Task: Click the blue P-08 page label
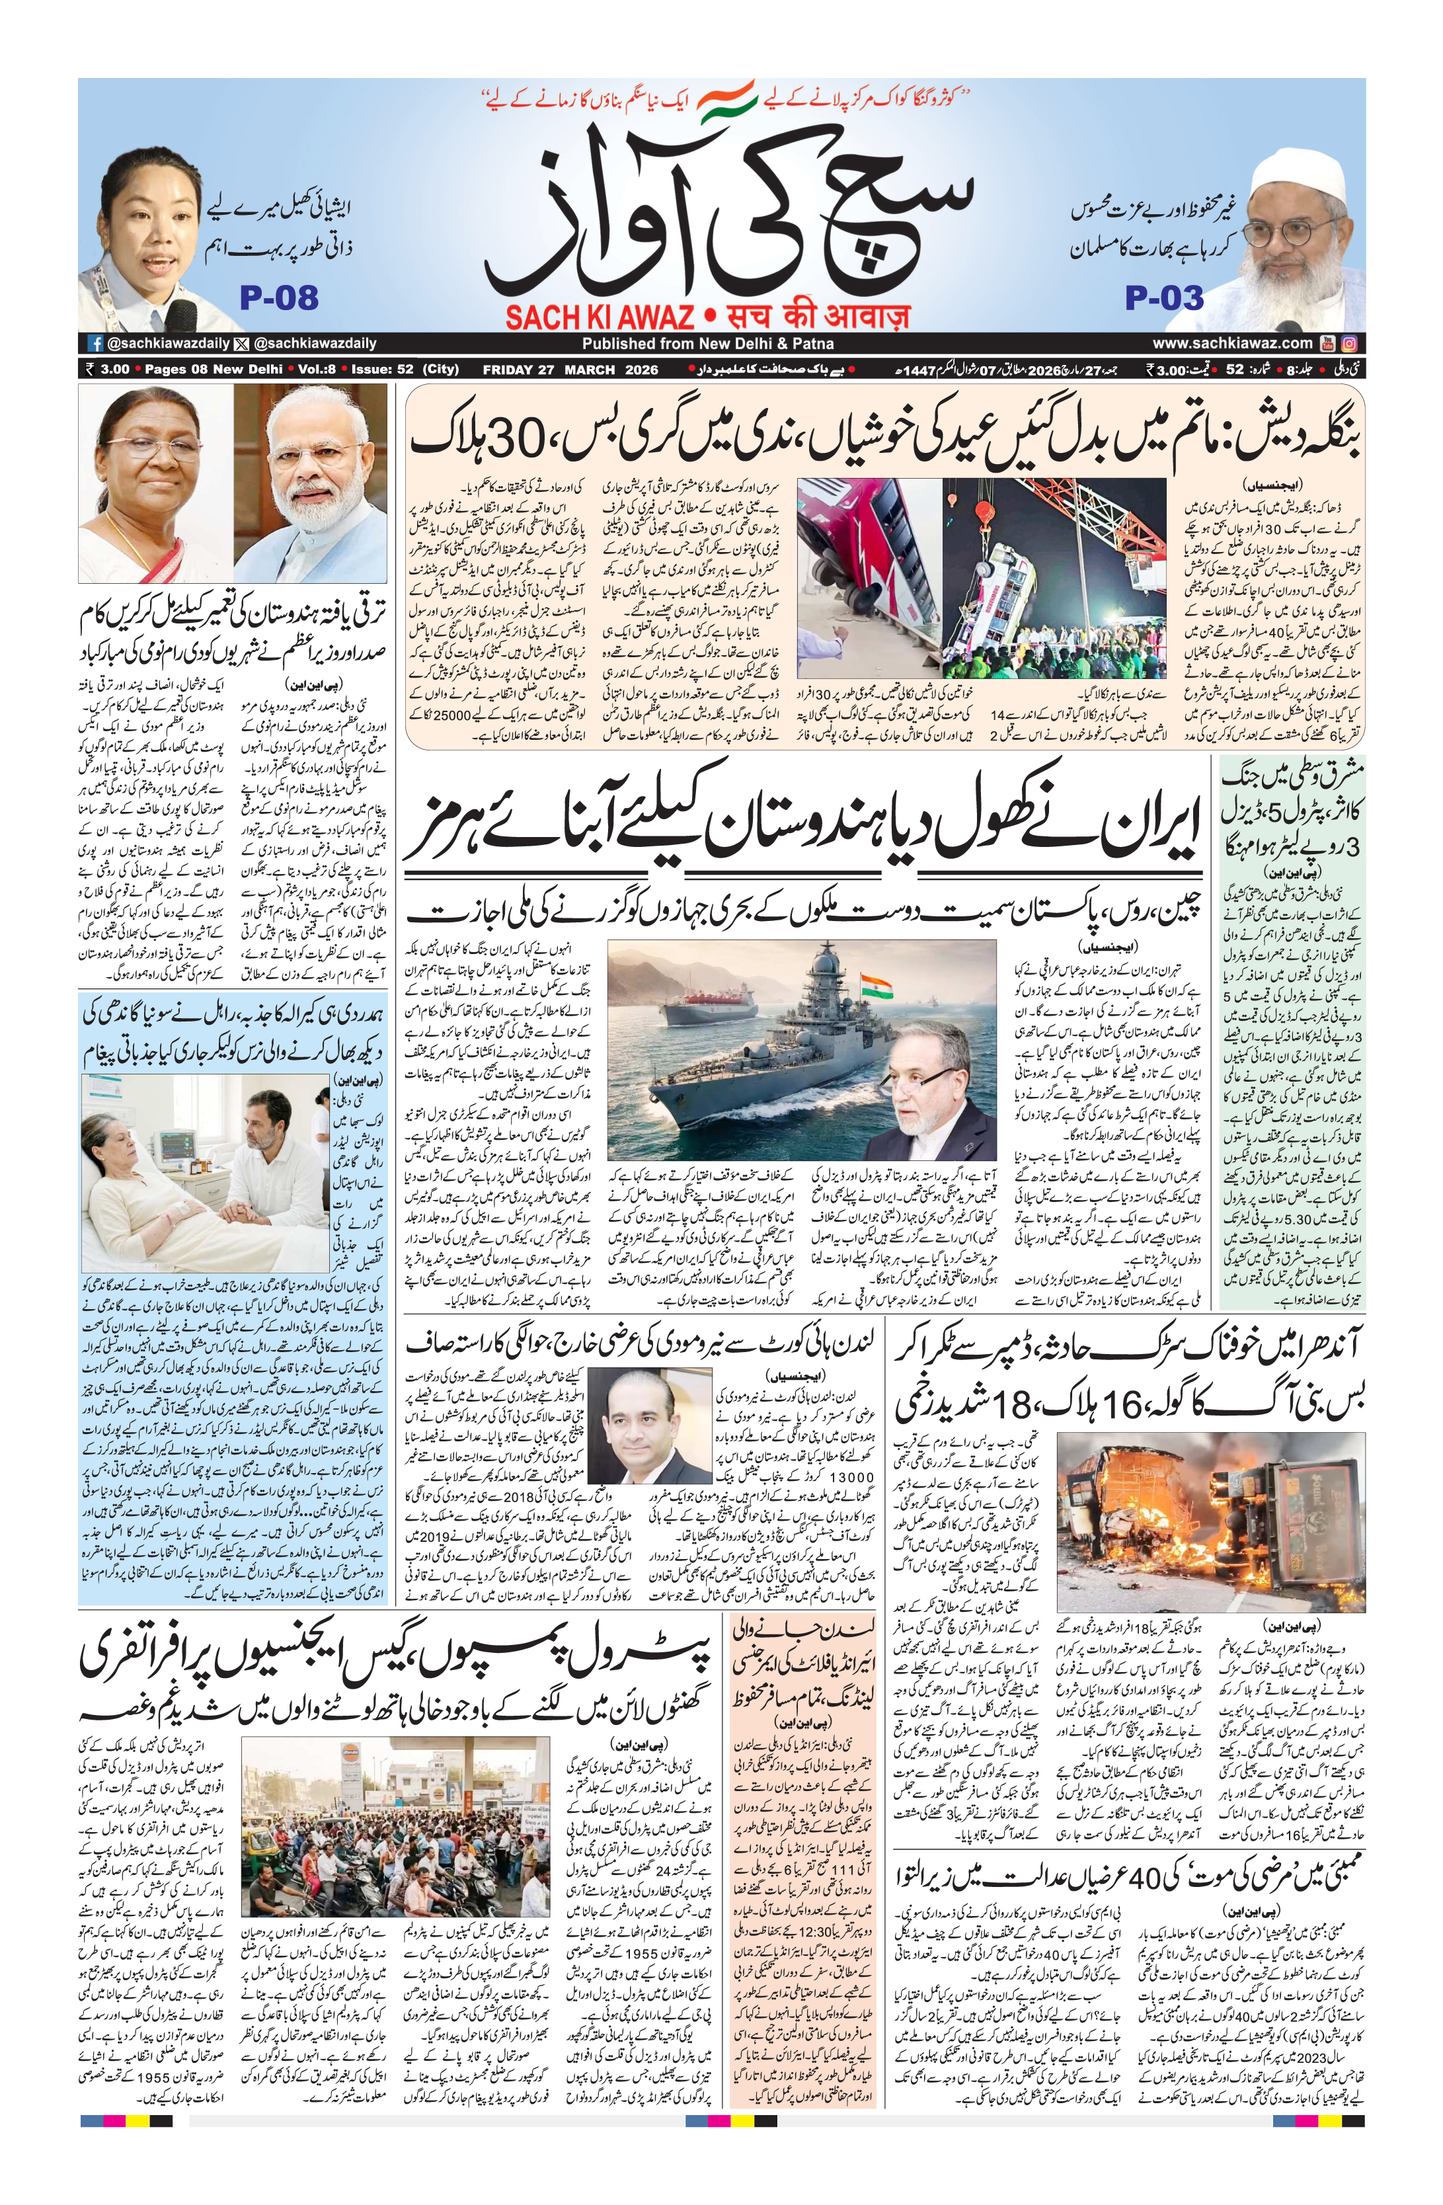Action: click(279, 298)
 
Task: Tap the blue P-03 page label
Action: click(1164, 298)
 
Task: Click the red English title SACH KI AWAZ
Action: click(600, 318)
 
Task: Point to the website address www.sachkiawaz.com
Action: click(1232, 342)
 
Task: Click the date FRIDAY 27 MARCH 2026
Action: click(570, 369)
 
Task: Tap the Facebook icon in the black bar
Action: click(95, 342)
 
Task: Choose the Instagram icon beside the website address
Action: click(1350, 342)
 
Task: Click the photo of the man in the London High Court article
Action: click(648, 1426)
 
